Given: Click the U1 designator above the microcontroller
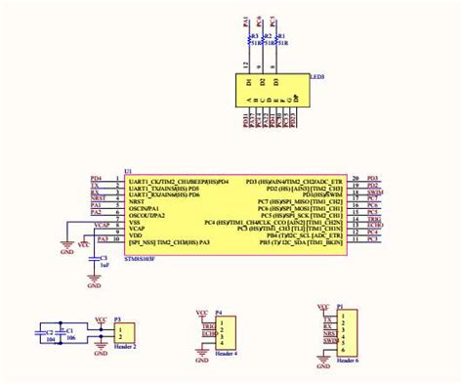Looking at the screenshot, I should click(128, 171).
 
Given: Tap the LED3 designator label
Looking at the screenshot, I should click(317, 76).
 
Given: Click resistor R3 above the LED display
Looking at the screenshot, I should click(250, 39).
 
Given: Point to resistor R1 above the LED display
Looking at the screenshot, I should click(276, 39).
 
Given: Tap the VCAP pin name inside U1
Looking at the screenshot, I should click(138, 229).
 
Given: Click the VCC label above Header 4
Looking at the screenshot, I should click(202, 313).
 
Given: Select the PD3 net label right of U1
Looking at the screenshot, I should click(372, 181).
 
